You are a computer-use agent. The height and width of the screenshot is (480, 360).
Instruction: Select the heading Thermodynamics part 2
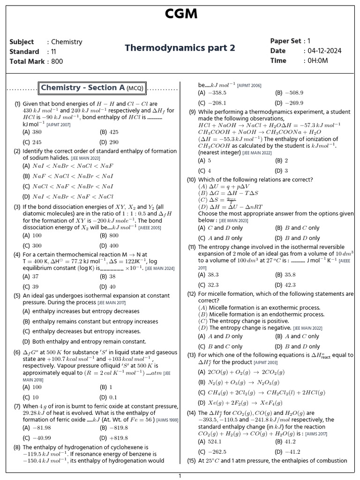180,48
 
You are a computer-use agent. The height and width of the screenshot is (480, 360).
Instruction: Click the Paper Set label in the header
285,41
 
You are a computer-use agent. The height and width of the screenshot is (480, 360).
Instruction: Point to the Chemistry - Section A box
93,88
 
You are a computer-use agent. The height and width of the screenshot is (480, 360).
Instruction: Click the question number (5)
17,296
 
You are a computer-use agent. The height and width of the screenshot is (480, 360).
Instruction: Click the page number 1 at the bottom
180,476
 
